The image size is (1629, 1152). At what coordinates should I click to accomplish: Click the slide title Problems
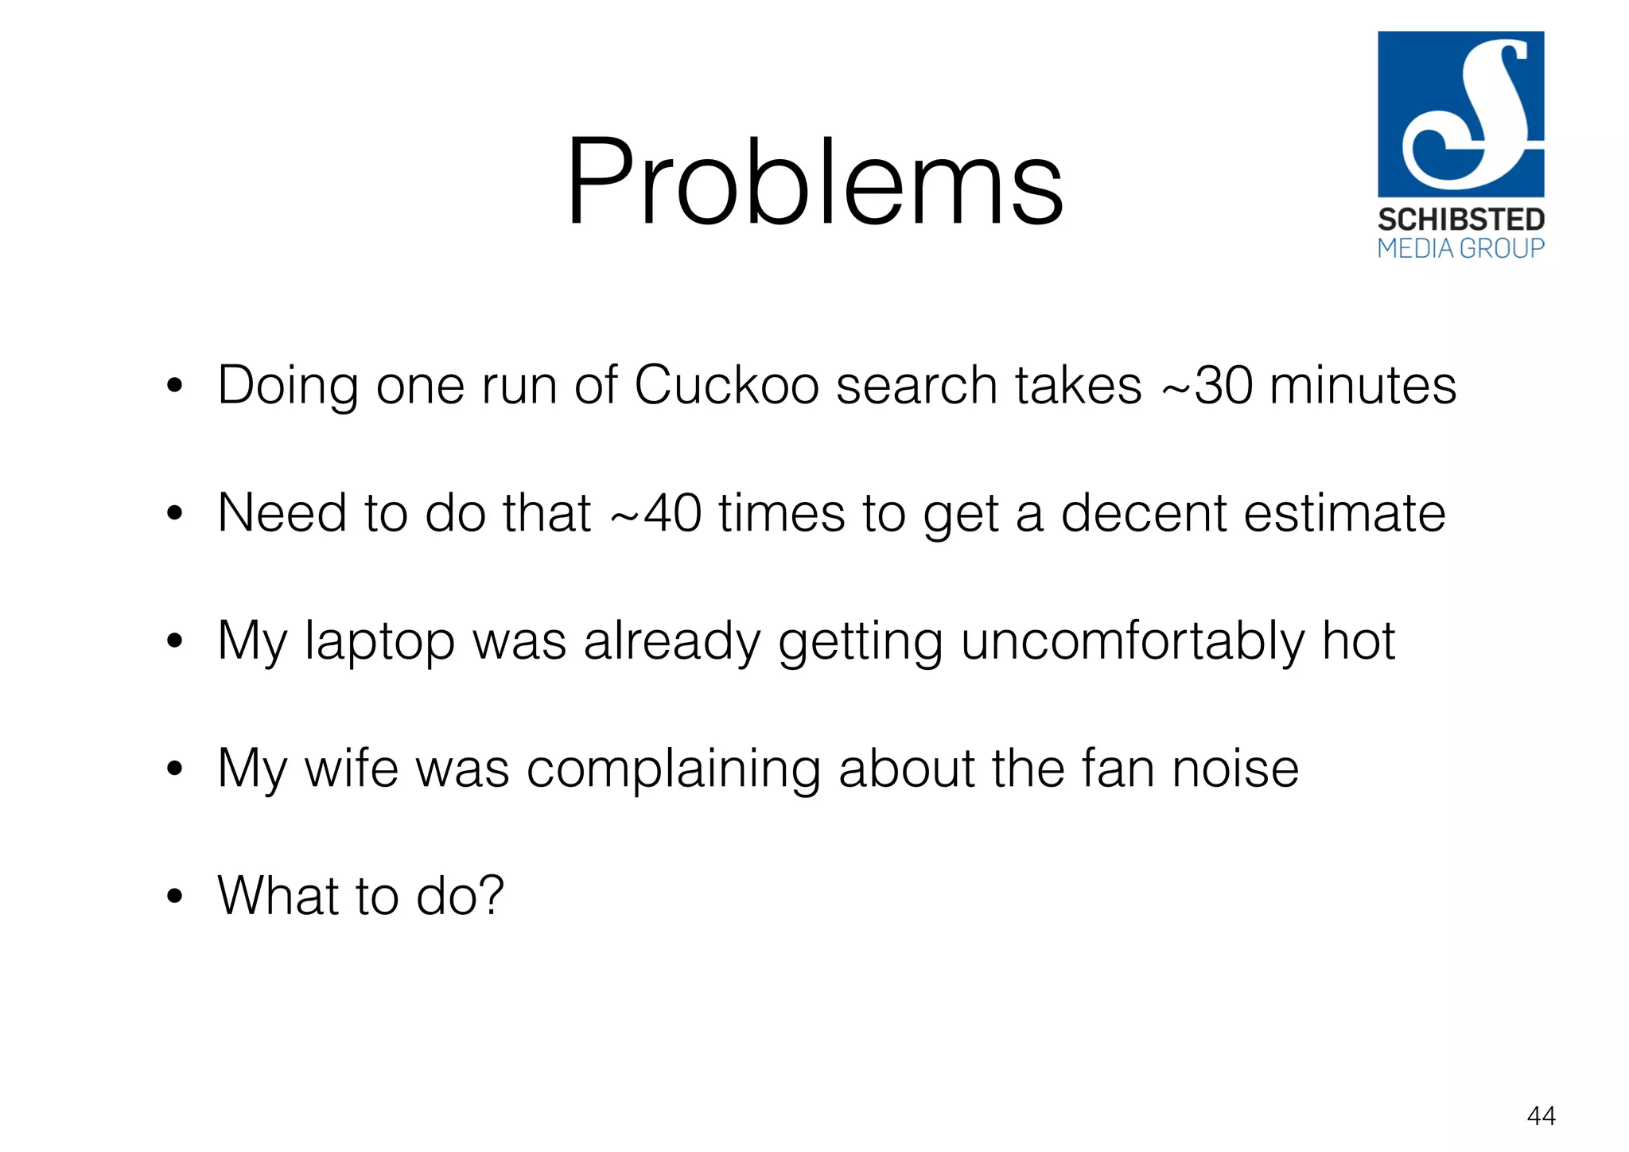(814, 183)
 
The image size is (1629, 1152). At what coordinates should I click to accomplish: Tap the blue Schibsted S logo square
(1460, 114)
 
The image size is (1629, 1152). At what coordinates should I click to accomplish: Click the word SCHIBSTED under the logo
(1460, 220)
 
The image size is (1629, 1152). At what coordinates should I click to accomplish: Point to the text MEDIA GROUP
(1460, 248)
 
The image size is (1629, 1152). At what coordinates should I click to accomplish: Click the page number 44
(1541, 1116)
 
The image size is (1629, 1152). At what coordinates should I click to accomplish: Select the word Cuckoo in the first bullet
(726, 386)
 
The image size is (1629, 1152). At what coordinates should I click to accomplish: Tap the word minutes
(1363, 386)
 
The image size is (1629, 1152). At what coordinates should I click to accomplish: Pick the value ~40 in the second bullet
(656, 513)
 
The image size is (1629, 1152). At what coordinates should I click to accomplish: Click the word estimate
(1344, 513)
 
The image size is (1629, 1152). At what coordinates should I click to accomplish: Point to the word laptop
(379, 642)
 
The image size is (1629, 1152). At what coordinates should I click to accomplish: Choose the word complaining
(673, 769)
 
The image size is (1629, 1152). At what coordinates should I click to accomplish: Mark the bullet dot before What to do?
(175, 897)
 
